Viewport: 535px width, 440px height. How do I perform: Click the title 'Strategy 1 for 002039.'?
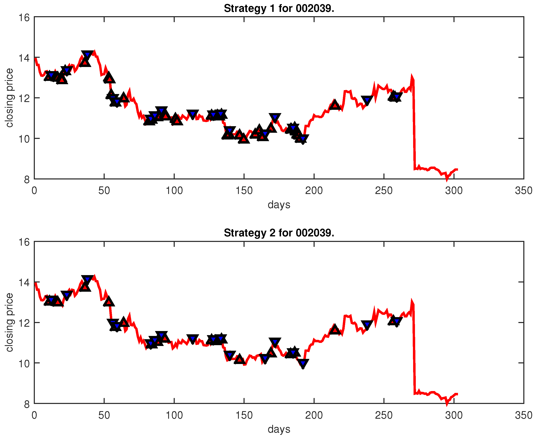point(279,9)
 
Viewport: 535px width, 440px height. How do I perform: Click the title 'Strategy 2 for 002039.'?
point(279,233)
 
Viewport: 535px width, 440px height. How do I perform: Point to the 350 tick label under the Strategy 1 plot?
point(523,191)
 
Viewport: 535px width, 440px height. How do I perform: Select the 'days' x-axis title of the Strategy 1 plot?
point(279,205)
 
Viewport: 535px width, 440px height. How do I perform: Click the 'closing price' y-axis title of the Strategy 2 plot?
point(9,322)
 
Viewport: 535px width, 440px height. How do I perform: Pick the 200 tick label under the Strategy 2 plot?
point(314,415)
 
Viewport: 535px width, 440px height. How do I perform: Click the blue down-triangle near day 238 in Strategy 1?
point(367,100)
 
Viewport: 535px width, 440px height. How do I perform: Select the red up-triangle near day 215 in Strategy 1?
point(335,105)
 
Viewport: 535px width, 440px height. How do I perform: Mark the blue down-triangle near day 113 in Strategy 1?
point(193,114)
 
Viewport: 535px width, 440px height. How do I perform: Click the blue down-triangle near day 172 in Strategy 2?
point(275,342)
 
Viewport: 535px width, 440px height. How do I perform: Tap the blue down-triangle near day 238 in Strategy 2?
point(367,325)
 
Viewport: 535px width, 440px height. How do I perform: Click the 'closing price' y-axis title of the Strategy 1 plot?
point(9,98)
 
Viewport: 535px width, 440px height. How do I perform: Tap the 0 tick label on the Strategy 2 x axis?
point(34,415)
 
